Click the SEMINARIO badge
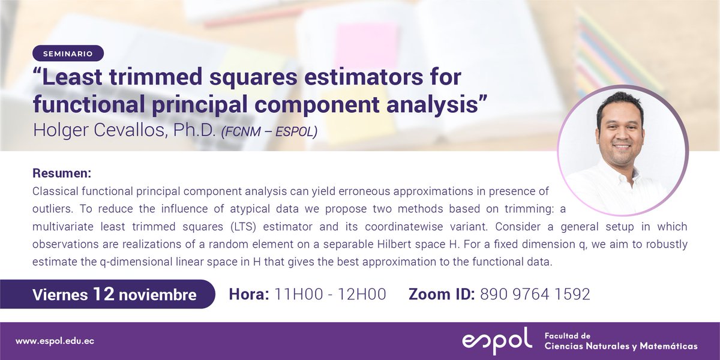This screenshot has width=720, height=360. [68, 53]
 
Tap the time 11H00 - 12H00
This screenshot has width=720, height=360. [330, 295]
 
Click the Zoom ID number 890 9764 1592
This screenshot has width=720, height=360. [535, 295]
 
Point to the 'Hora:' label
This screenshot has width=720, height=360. [250, 295]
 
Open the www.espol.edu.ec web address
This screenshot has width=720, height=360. [55, 341]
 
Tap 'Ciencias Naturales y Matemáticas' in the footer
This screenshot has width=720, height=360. [620, 346]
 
